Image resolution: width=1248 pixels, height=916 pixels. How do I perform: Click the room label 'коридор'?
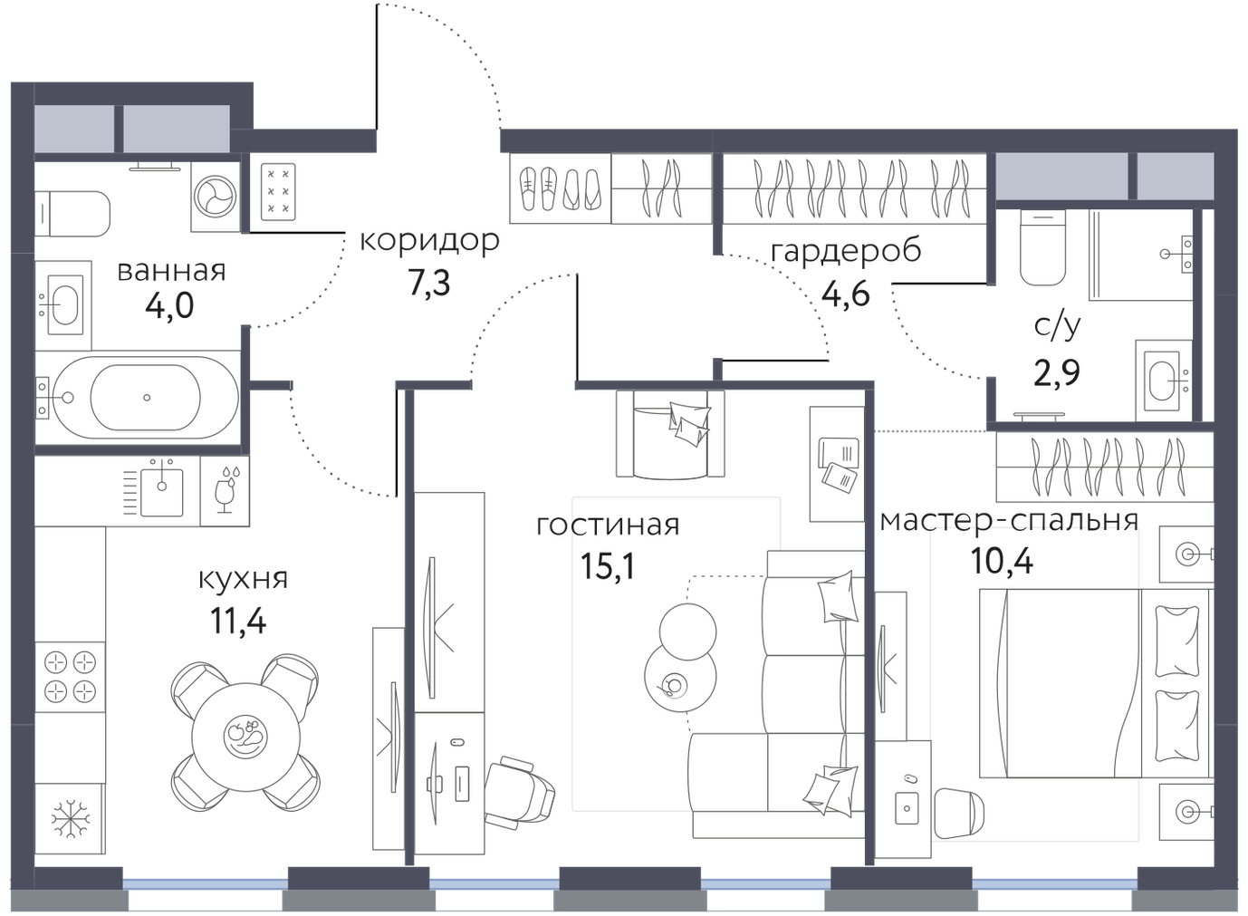coord(429,241)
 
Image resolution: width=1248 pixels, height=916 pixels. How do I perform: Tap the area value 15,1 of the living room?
coord(608,566)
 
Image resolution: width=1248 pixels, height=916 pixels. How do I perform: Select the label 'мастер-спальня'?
coord(1010,521)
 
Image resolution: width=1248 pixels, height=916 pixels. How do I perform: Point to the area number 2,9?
coord(1057,372)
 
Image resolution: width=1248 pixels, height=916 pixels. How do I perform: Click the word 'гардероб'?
coord(846,252)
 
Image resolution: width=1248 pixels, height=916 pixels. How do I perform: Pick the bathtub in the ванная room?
coord(137,398)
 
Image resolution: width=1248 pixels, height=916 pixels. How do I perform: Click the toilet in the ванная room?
coord(72,214)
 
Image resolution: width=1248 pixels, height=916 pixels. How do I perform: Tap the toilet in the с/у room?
coord(1043,247)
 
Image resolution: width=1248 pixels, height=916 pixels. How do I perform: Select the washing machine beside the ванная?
coord(216,197)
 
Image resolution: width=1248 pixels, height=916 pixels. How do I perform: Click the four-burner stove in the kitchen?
coord(70,678)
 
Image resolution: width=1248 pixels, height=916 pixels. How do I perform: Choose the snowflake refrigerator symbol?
coord(70,819)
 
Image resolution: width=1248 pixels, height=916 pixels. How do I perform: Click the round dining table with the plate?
coord(245,737)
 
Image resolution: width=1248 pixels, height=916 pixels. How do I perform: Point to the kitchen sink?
coord(161,492)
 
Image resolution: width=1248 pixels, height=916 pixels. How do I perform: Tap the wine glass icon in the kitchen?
coord(226,491)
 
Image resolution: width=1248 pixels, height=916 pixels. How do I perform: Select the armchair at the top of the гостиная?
coord(670,434)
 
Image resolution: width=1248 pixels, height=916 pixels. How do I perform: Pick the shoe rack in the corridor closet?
coord(561,188)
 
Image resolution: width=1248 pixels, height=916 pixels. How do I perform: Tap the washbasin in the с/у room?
coord(1165,381)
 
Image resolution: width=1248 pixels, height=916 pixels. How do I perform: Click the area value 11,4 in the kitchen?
coord(238,621)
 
